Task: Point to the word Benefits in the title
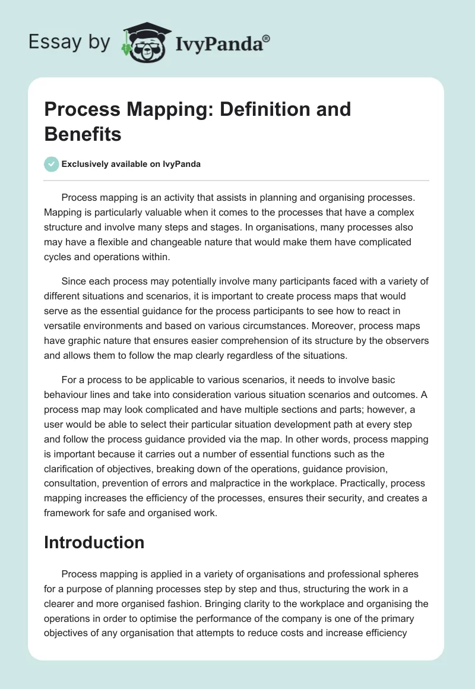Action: click(x=83, y=134)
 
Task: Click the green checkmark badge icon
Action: click(x=52, y=164)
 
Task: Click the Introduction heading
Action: click(x=94, y=542)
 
